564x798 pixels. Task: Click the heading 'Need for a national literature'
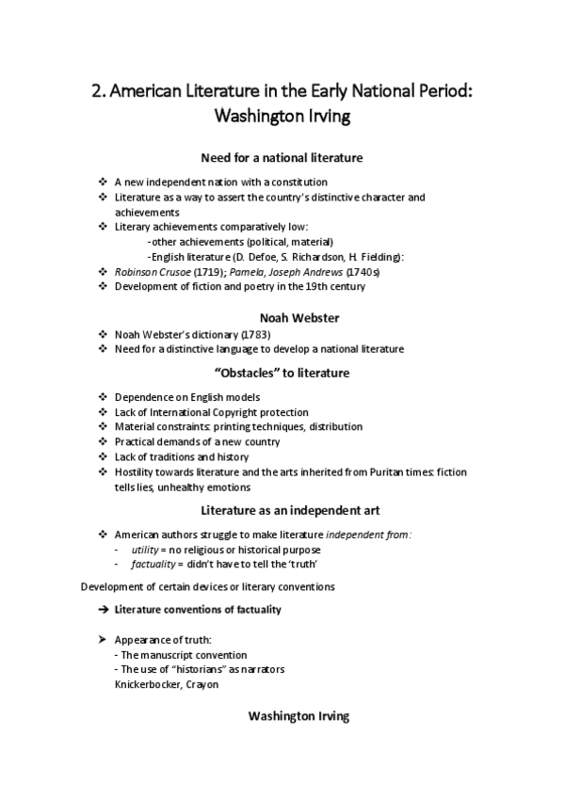(282, 157)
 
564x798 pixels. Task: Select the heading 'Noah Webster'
(282, 316)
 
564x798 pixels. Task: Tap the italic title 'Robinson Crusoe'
(145, 270)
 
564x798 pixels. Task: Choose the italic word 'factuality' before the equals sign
(153, 564)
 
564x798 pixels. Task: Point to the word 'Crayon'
(201, 684)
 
